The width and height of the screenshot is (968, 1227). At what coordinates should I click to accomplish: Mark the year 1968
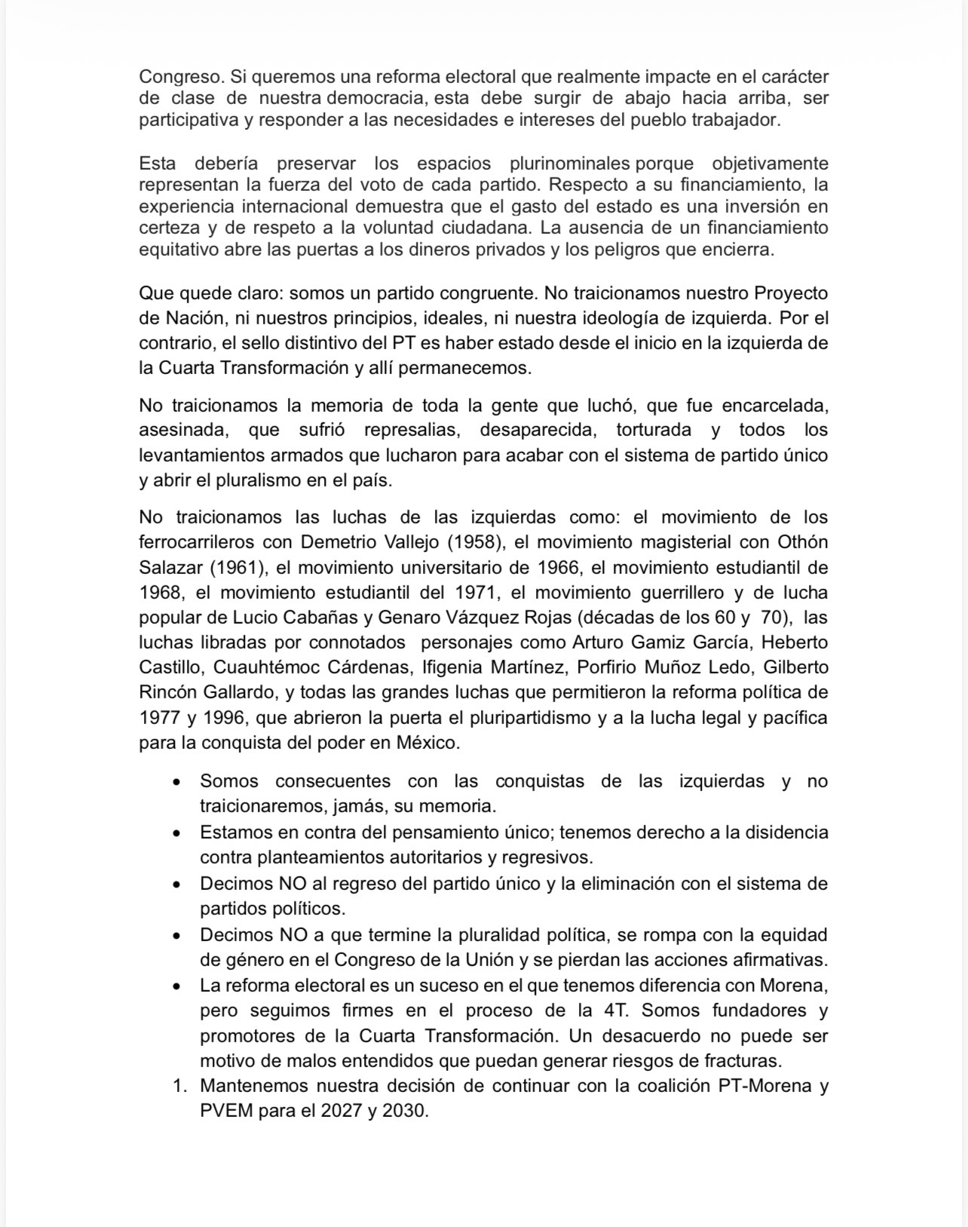coord(160,592)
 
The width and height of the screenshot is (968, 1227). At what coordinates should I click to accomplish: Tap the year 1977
coord(160,717)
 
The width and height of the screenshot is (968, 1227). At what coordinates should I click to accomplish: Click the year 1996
coord(224,717)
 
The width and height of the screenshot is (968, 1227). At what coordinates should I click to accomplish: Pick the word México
coord(427,742)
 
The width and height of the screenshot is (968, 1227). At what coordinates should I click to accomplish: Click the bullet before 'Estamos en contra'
coord(176,834)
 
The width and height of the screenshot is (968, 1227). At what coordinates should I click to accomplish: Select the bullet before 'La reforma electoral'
coord(176,986)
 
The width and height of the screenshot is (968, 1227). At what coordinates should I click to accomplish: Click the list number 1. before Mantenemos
coord(179,1087)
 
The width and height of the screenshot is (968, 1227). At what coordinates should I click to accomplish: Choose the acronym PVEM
coord(226,1112)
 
